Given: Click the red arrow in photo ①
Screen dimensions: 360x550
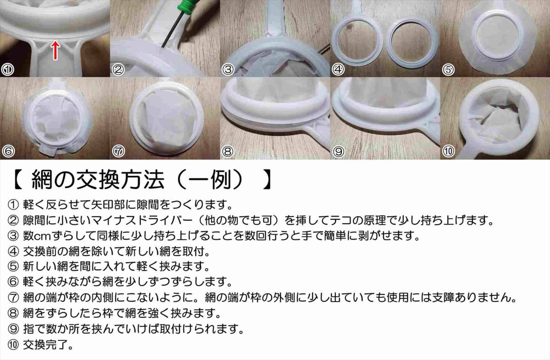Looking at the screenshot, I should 55,49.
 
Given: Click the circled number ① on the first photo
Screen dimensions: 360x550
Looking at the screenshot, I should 8,70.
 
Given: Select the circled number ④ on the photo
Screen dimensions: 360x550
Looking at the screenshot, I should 338,70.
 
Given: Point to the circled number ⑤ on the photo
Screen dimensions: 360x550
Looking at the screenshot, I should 448,70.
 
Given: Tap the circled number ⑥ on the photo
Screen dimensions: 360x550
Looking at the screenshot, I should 8,151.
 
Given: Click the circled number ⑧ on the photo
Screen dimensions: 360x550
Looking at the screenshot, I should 228,151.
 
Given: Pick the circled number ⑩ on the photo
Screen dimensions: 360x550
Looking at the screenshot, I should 448,151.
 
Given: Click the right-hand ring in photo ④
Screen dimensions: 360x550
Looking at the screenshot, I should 411,44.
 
